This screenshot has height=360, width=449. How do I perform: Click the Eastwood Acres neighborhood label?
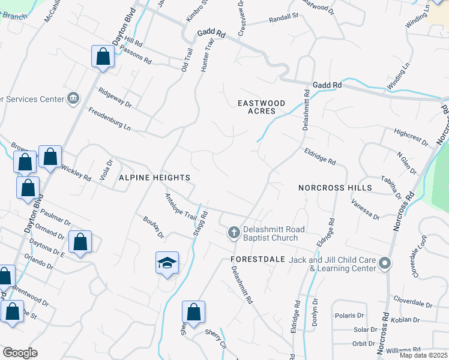click(x=265, y=107)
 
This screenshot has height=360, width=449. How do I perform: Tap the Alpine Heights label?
click(x=154, y=178)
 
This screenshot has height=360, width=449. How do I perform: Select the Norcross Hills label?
click(x=335, y=188)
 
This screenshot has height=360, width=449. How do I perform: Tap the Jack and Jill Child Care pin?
click(x=385, y=263)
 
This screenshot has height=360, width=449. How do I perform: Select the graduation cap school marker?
click(x=167, y=263)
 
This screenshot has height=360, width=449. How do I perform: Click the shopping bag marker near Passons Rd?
click(x=103, y=57)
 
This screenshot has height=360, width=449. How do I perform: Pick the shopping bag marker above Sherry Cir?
click(x=193, y=312)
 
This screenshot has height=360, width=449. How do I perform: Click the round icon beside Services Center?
click(x=73, y=98)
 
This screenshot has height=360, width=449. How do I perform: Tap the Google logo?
click(x=20, y=353)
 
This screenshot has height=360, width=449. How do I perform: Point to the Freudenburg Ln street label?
click(x=109, y=119)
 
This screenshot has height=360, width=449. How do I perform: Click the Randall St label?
click(x=284, y=18)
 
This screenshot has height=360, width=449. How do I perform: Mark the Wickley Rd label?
click(x=75, y=173)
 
